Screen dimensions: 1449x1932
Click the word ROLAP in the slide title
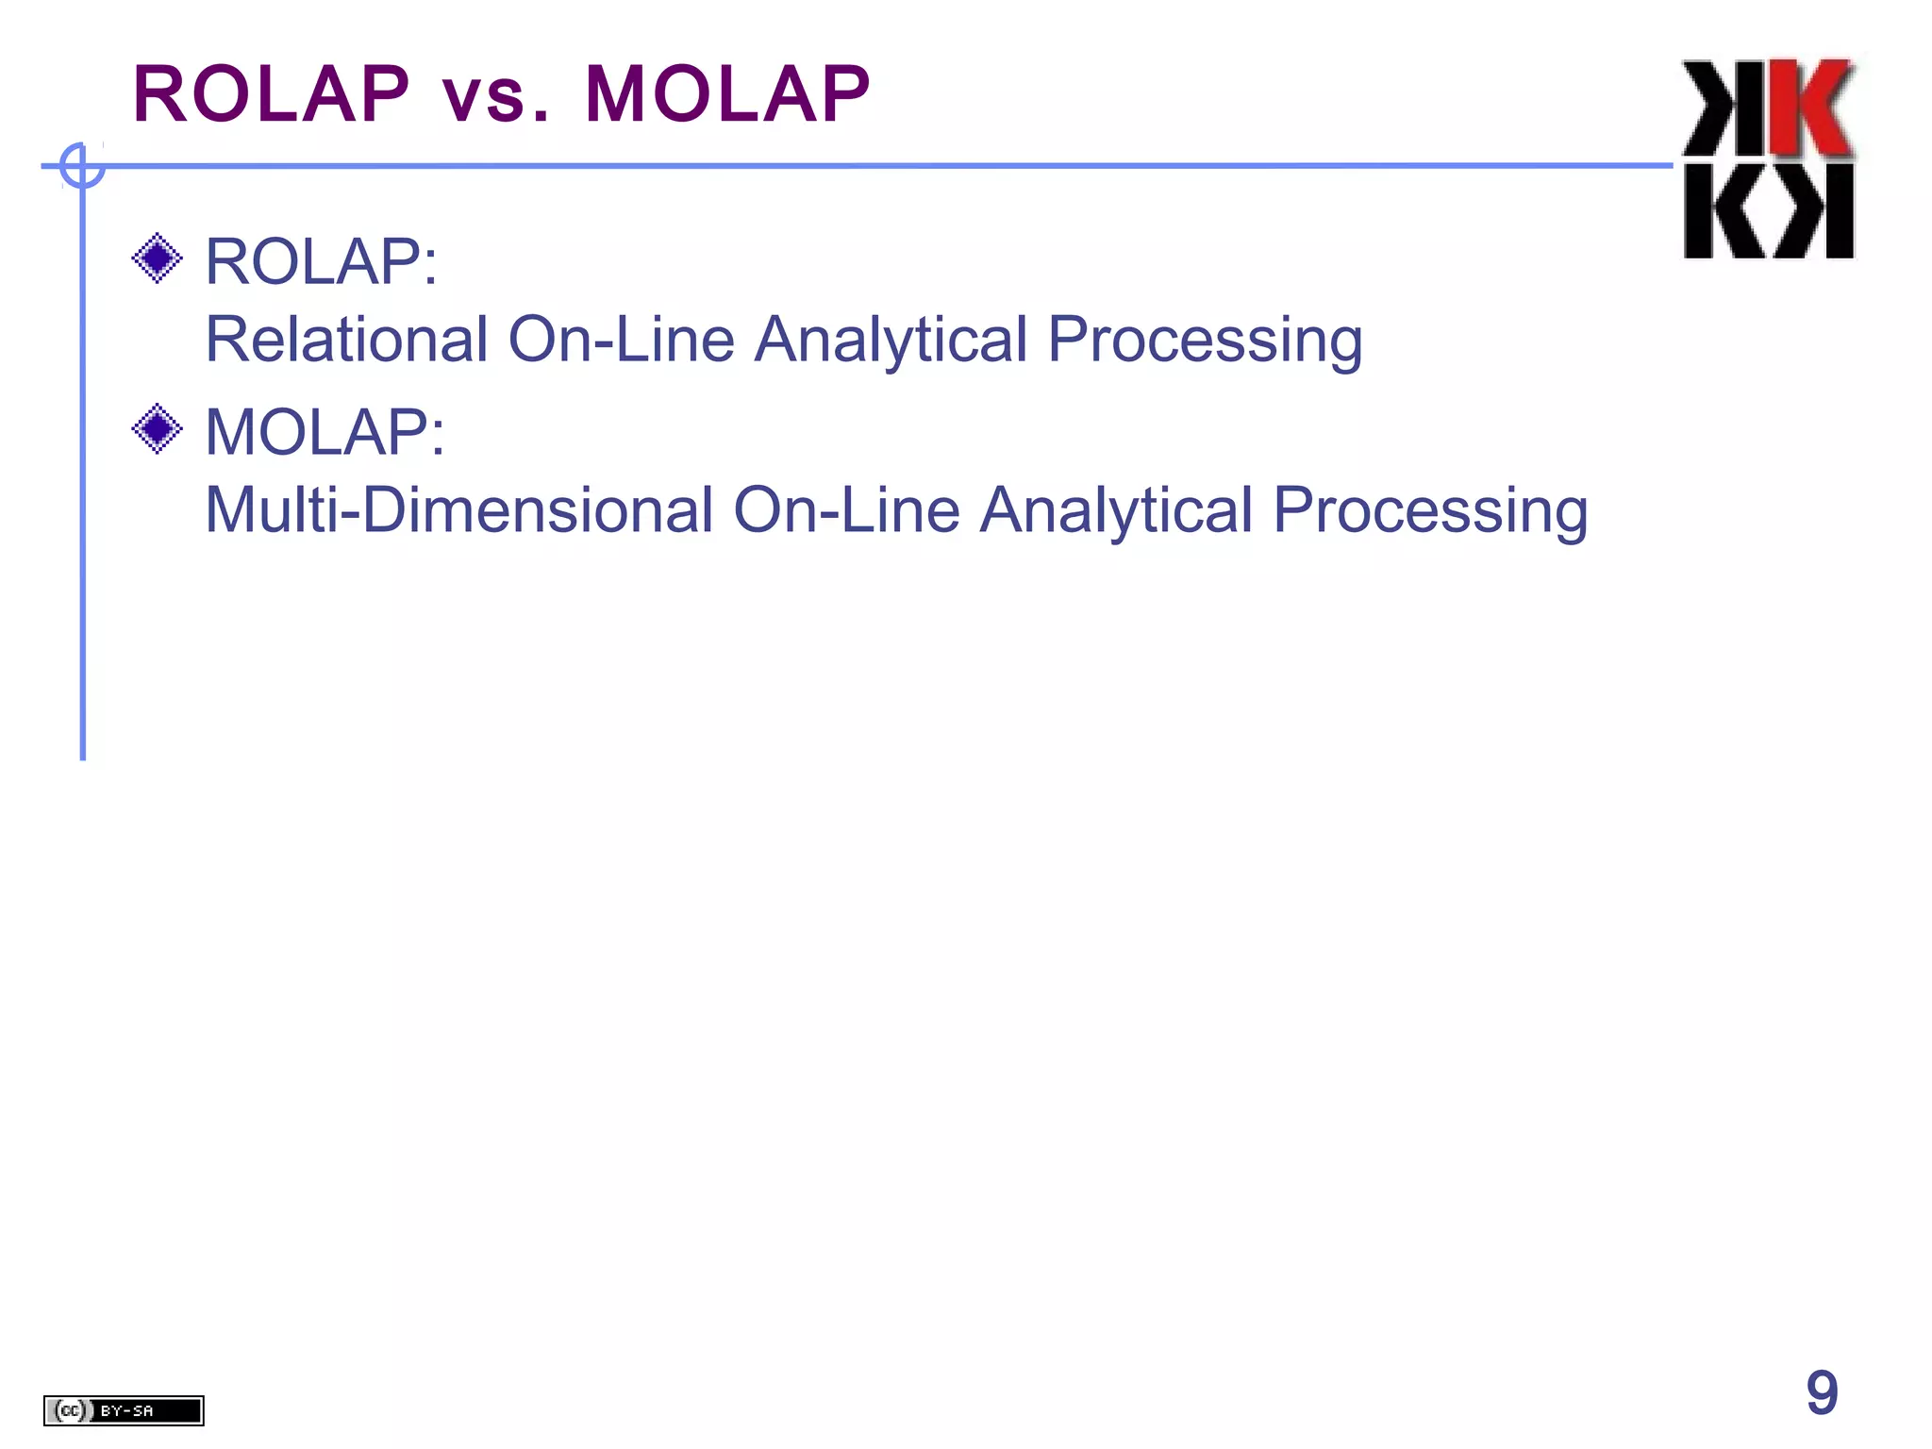pos(272,94)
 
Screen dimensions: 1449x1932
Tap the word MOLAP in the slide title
pos(727,94)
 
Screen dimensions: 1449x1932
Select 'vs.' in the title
pos(496,96)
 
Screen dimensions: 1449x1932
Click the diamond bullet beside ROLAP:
pos(157,258)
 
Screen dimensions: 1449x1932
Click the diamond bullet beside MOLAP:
pos(157,428)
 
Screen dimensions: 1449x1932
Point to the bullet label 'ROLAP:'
pos(322,261)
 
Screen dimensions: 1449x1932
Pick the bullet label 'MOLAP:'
pos(325,432)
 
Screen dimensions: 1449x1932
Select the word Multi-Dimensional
pos(458,509)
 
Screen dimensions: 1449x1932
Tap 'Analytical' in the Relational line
pos(891,341)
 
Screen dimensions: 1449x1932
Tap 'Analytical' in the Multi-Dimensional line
pos(1116,511)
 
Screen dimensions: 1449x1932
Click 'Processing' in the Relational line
pos(1205,341)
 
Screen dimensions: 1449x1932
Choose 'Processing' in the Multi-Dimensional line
pos(1430,511)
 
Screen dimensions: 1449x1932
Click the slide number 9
pos(1822,1392)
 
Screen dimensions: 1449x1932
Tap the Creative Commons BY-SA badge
pos(124,1410)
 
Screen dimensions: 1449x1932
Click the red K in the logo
pos(1811,108)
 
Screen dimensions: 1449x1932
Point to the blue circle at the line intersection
pos(82,166)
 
